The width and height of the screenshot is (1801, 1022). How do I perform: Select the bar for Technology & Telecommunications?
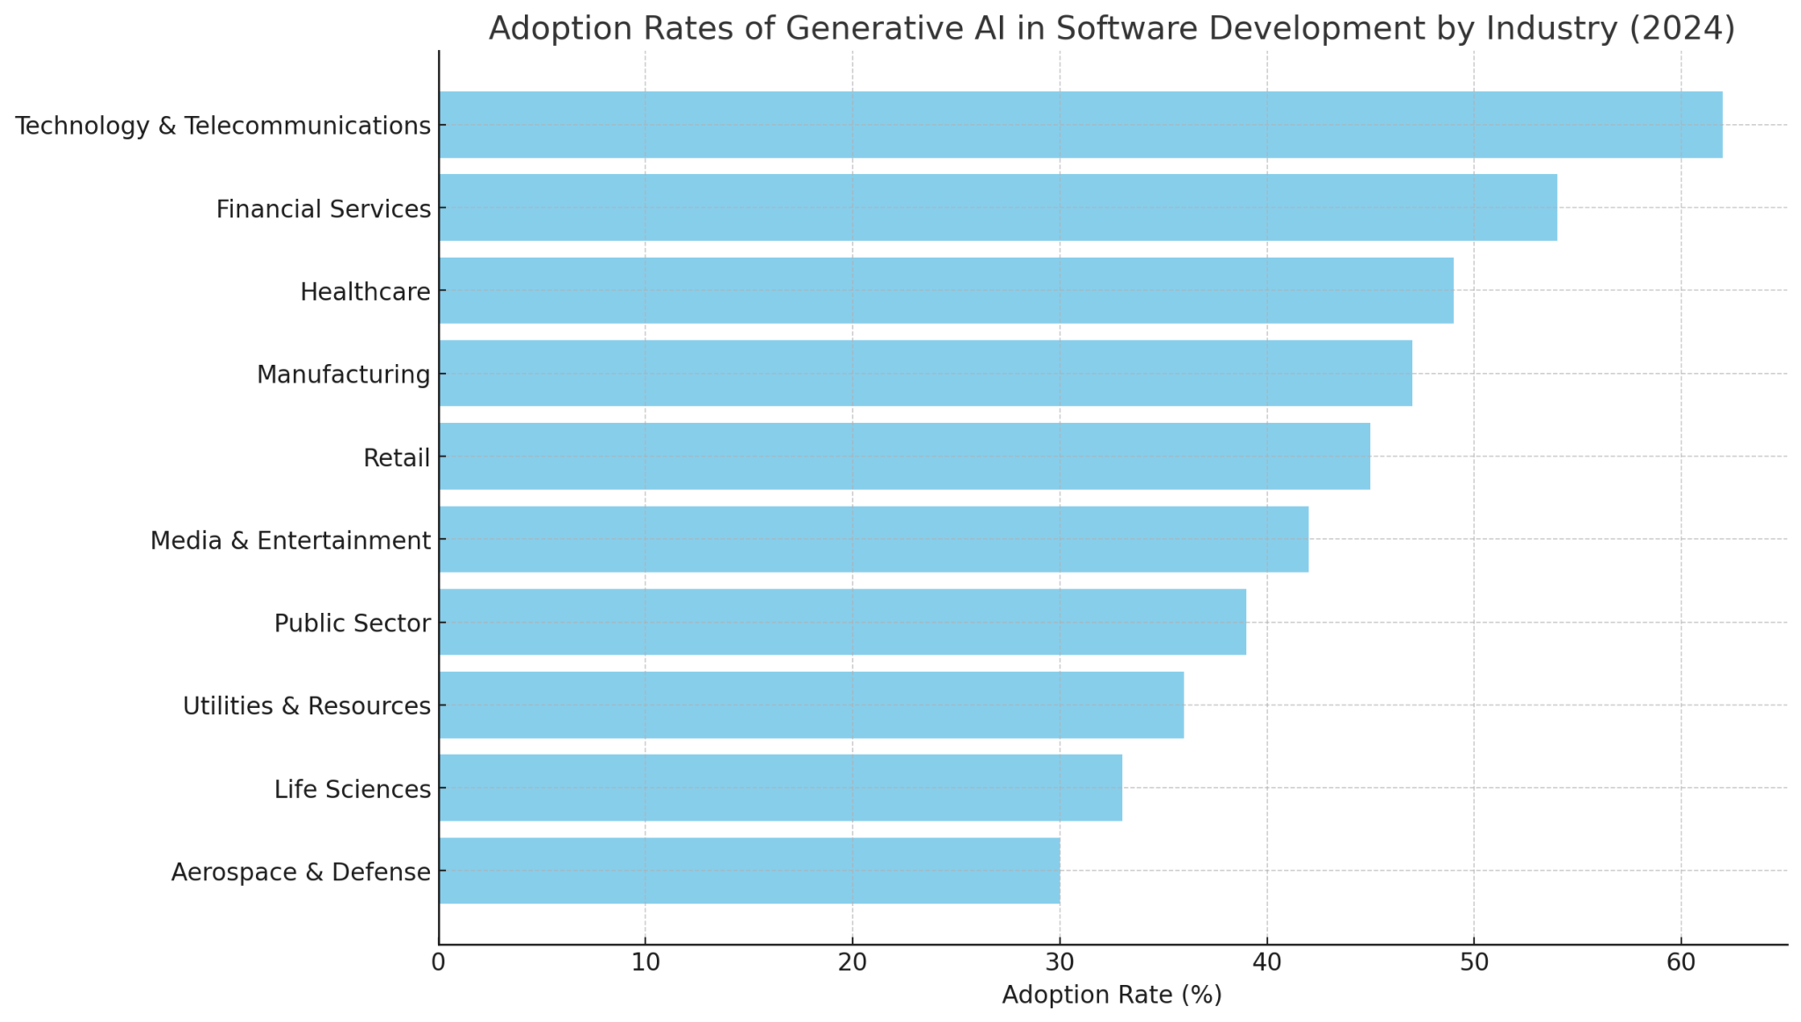[1080, 125]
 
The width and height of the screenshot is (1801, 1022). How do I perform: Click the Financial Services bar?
[997, 208]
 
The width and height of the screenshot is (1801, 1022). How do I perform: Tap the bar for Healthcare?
[945, 290]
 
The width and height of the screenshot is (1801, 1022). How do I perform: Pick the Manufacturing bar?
[925, 373]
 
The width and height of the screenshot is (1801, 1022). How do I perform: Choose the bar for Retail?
[904, 456]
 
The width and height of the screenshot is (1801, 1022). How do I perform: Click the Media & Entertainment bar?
[873, 539]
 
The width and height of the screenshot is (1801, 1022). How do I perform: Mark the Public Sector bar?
[842, 622]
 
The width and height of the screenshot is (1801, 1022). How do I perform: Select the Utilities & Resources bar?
[811, 704]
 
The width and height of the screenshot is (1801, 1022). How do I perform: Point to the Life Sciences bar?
[780, 787]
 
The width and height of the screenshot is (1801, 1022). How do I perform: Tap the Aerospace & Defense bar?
[749, 871]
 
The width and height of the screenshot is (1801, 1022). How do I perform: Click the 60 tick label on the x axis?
[1681, 963]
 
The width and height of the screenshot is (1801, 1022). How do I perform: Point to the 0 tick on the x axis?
[438, 963]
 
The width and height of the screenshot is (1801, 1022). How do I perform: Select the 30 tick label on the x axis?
[1060, 963]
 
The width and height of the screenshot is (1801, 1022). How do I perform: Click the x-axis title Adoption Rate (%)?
[1112, 996]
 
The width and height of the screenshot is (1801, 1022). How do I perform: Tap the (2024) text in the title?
[1681, 28]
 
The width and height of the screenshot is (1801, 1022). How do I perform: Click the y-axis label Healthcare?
[365, 292]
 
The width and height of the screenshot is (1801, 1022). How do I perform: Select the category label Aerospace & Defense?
[301, 872]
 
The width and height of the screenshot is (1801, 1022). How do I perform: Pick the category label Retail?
[397, 458]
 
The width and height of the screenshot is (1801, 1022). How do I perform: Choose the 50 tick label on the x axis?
[1474, 963]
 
